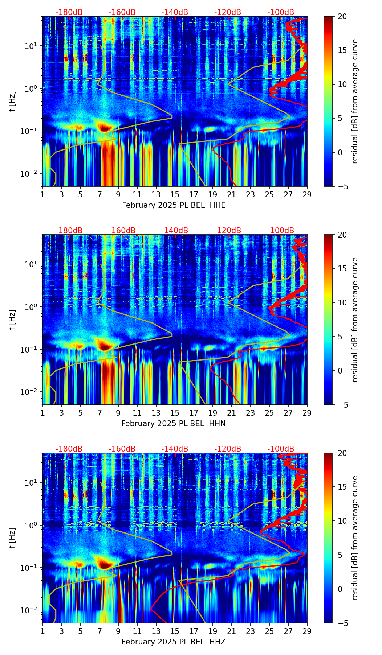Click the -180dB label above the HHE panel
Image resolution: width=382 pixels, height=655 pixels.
point(69,12)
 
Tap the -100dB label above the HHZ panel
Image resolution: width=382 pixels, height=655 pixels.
point(281,449)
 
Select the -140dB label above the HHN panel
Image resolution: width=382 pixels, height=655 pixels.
point(175,231)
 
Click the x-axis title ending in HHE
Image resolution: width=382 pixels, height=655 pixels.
point(174,205)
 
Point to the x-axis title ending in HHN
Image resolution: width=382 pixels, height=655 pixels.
point(173,424)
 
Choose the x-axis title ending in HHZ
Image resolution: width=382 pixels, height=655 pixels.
point(173,642)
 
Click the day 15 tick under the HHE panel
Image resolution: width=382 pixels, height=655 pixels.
point(175,194)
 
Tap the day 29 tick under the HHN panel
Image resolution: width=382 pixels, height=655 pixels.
point(307,413)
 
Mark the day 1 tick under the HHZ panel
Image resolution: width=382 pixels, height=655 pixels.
point(42,631)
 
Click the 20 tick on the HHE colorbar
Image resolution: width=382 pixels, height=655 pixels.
point(342,16)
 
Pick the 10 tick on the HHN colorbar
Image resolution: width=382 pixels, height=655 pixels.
point(342,302)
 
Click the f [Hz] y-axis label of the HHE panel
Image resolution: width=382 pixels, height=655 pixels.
point(12,102)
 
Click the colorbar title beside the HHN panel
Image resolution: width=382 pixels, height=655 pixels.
point(355,320)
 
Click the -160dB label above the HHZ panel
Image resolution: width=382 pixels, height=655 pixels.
point(122,449)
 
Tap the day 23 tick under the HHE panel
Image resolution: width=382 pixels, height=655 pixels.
point(251,194)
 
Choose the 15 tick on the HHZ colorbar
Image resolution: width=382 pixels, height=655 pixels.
point(342,487)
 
